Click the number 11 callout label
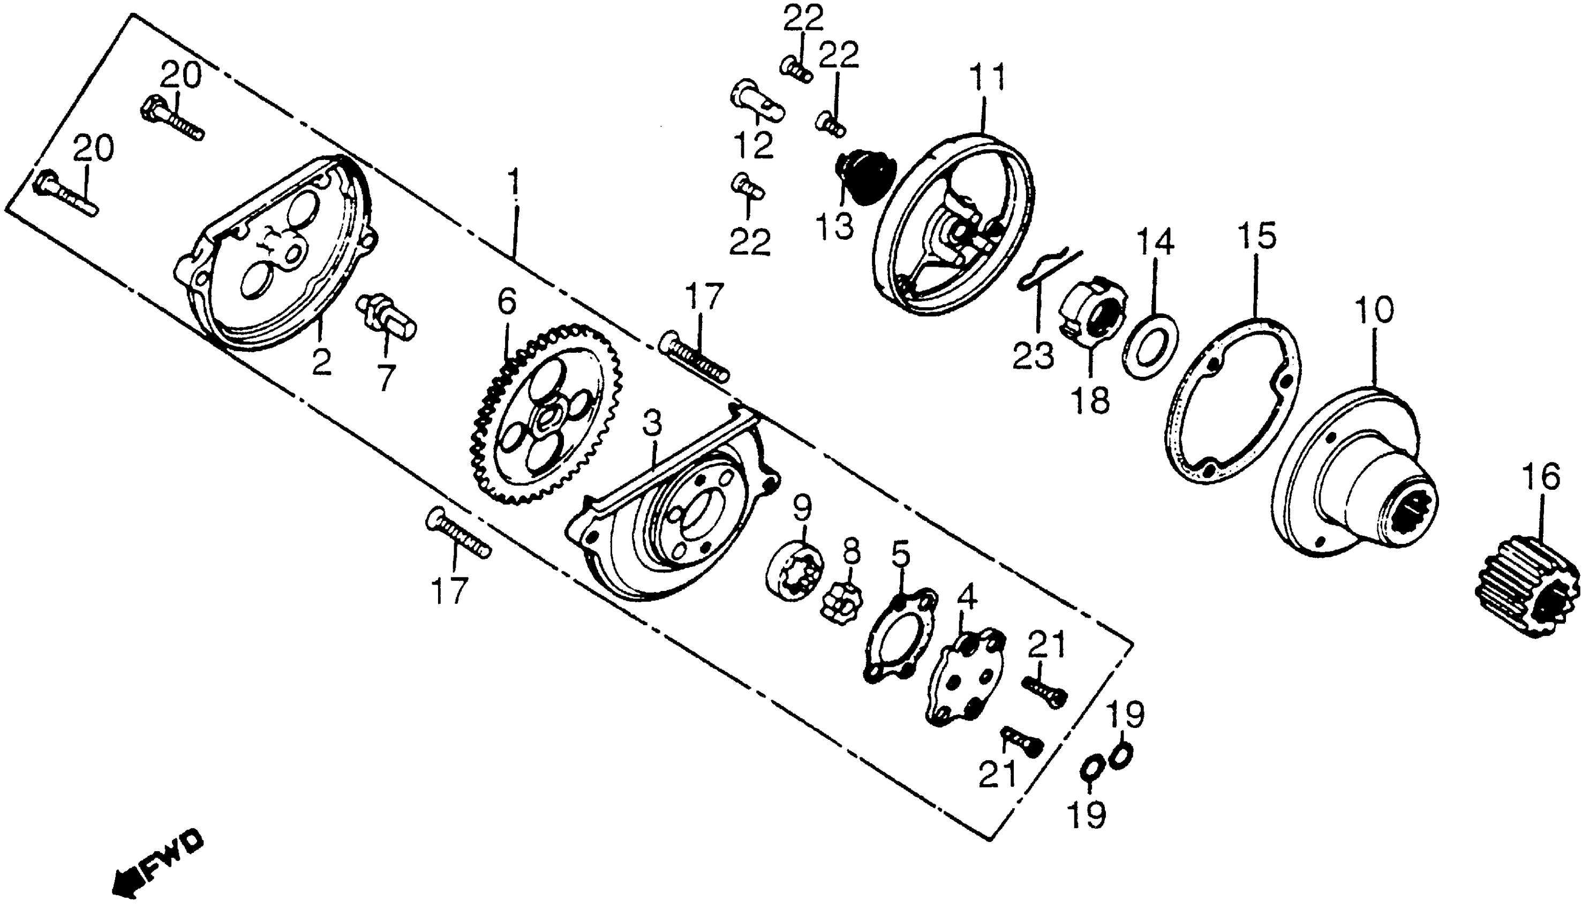pos(988,78)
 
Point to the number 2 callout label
pos(321,362)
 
